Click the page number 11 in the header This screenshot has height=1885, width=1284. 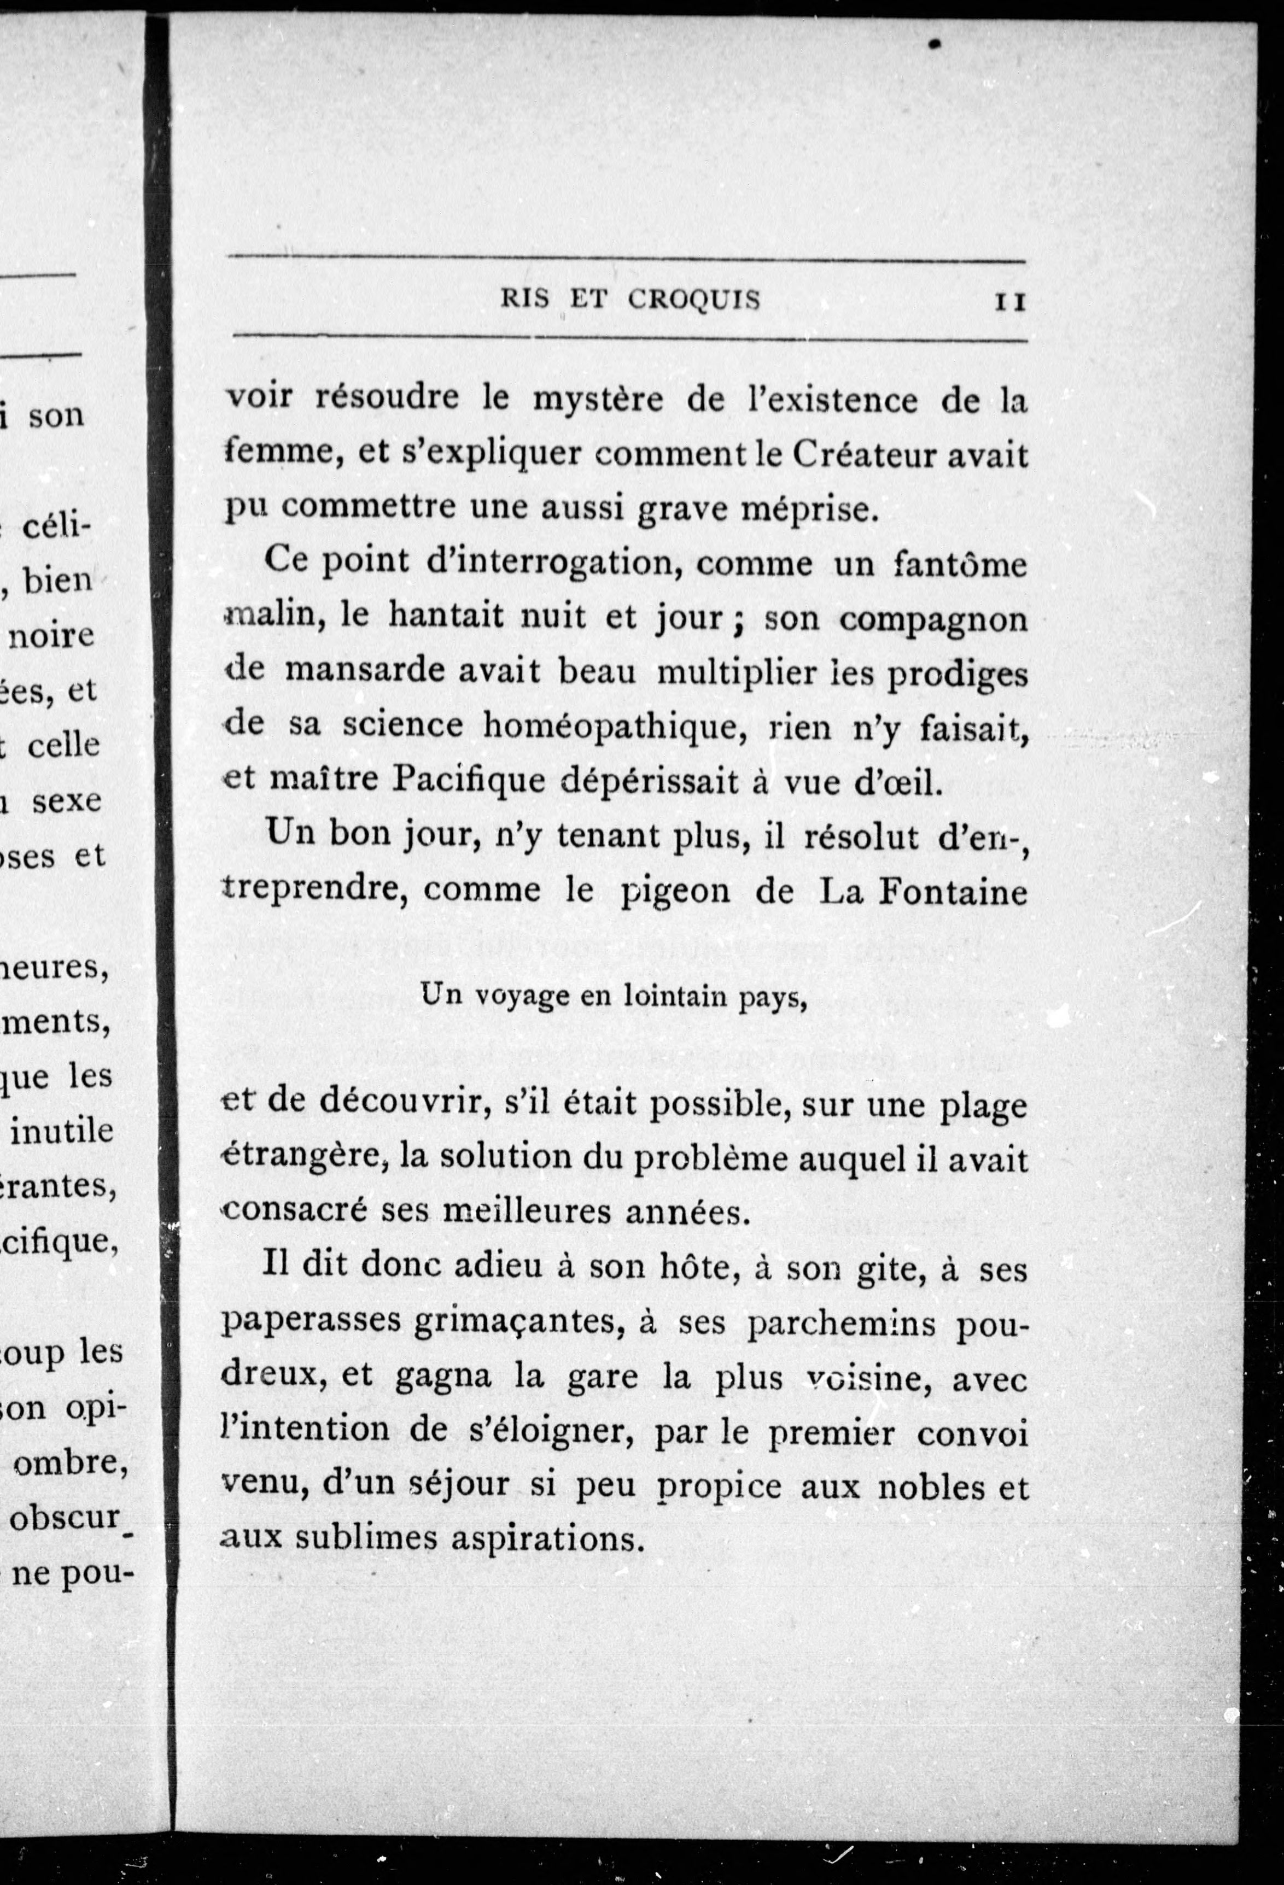click(x=1010, y=302)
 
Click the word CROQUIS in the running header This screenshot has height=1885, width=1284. click(x=694, y=300)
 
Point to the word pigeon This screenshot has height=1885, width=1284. click(x=676, y=892)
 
